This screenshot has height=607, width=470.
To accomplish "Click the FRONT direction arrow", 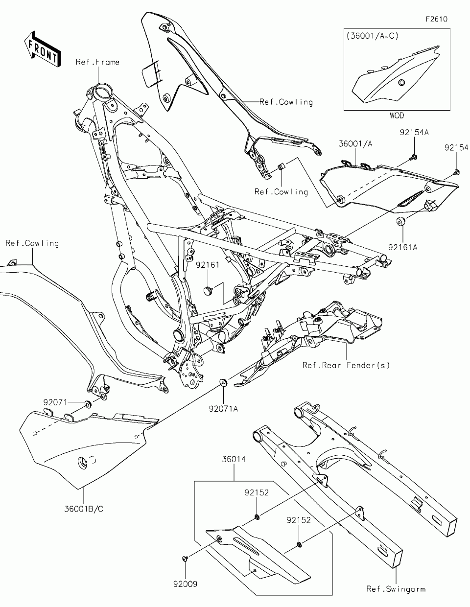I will point(43,48).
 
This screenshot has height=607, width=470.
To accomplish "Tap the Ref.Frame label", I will point(97,62).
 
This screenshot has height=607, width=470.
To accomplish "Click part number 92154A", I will point(414,133).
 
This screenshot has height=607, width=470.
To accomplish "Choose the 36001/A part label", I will point(355,143).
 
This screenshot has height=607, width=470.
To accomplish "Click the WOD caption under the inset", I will point(397,116).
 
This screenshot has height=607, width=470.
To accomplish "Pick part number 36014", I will point(234,460).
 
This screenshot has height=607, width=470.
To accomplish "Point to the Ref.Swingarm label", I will point(396,589).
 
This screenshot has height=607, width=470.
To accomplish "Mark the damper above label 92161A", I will point(400,223).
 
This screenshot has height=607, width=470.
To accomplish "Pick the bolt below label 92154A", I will point(414,157).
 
